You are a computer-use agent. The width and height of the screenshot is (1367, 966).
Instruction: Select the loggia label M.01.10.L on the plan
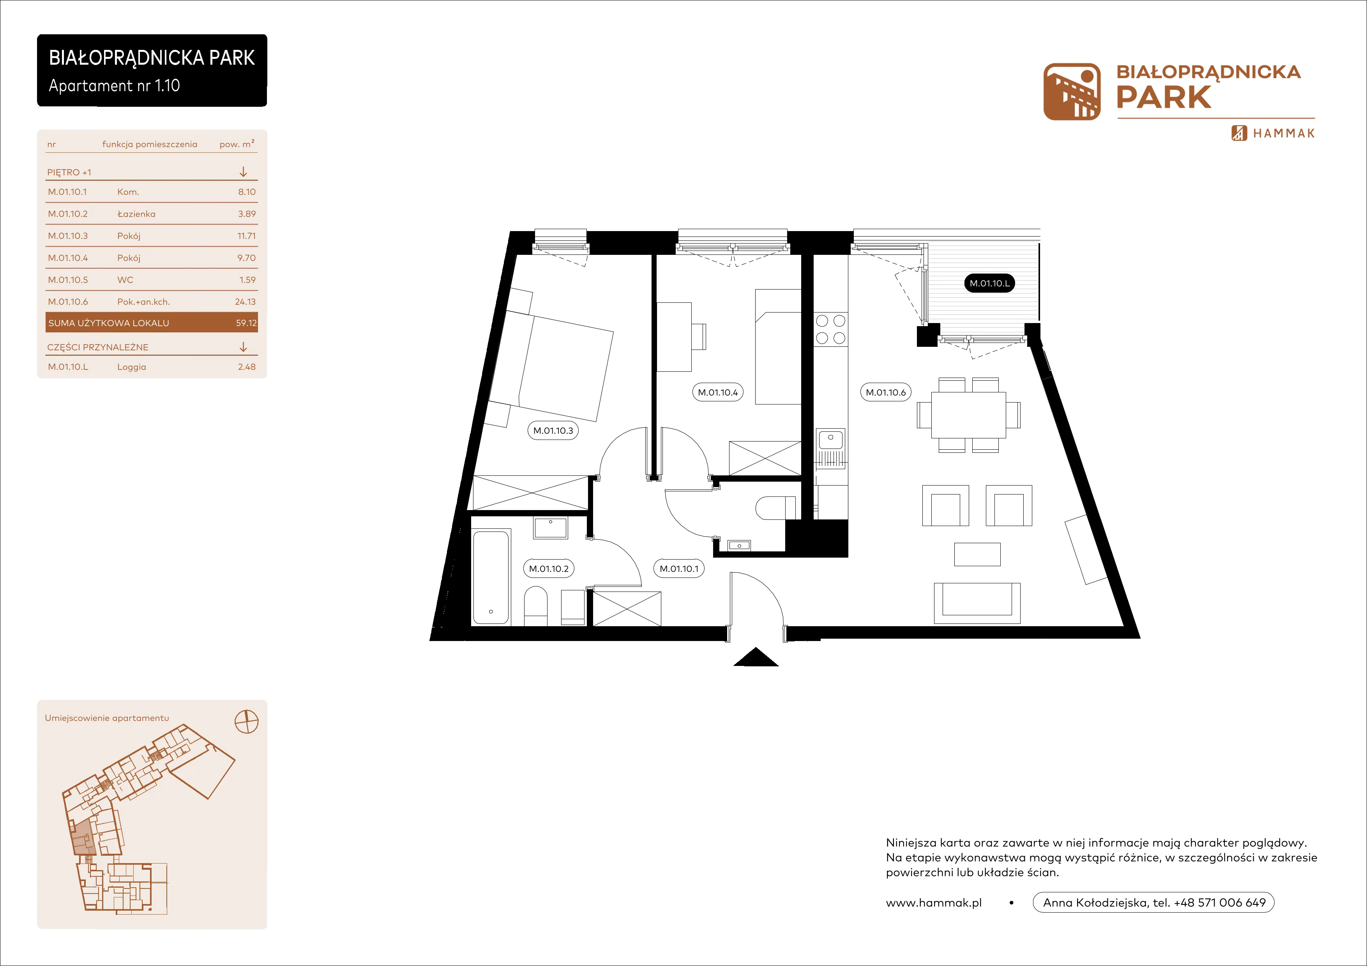point(989,283)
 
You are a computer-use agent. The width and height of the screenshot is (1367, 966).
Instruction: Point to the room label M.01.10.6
point(885,393)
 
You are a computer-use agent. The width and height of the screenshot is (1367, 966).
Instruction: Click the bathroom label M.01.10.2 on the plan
point(549,569)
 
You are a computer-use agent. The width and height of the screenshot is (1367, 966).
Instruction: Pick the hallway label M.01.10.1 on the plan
point(679,569)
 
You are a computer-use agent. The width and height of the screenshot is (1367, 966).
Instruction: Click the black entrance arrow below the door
point(756,657)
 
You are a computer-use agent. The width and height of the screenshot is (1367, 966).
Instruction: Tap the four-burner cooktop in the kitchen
point(830,329)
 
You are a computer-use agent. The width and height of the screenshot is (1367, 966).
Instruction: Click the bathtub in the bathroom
point(491,577)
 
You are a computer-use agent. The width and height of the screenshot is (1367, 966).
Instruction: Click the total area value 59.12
point(246,323)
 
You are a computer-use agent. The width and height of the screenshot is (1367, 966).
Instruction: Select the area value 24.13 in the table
point(245,302)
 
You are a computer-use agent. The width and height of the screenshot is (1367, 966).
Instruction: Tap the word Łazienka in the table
point(136,214)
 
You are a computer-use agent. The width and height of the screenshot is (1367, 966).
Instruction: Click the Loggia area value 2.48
point(247,367)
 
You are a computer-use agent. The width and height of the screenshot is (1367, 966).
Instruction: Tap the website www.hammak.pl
point(934,903)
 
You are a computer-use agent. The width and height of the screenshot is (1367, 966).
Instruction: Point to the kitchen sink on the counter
point(830,439)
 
